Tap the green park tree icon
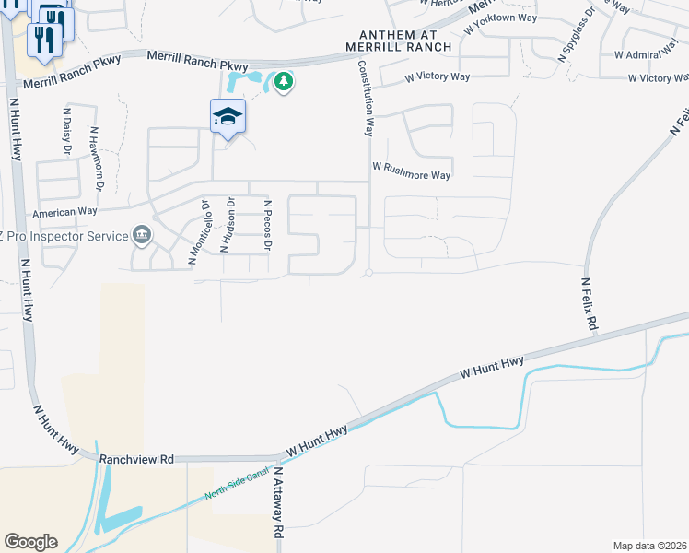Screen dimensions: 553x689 pos(284,83)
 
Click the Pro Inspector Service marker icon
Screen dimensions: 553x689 pos(141,236)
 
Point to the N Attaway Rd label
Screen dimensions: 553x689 pos(275,504)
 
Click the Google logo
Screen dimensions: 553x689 pos(29,542)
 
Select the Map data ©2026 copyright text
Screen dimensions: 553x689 pos(650,546)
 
